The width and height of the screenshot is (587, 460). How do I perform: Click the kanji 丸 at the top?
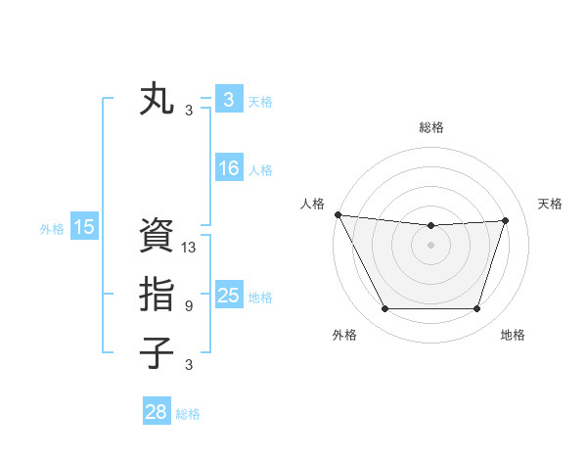click(x=157, y=100)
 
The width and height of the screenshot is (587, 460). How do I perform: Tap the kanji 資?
click(x=157, y=236)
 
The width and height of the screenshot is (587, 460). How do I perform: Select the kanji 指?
click(x=157, y=294)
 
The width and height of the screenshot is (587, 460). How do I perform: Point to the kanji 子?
click(x=157, y=352)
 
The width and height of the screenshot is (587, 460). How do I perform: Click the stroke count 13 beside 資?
click(x=189, y=248)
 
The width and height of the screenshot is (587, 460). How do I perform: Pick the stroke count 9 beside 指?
click(x=189, y=306)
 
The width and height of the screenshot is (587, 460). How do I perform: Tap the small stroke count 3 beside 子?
click(x=189, y=365)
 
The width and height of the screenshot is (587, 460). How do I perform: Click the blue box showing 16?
click(x=228, y=168)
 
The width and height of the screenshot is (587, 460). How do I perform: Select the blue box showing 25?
click(x=228, y=296)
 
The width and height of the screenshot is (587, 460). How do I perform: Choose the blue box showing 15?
click(x=84, y=228)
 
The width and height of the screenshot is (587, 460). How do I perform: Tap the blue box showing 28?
click(x=156, y=412)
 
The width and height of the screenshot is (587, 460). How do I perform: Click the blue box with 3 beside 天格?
click(x=228, y=100)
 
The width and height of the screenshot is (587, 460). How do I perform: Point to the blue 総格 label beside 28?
click(x=188, y=414)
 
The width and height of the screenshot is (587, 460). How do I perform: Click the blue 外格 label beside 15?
click(x=52, y=229)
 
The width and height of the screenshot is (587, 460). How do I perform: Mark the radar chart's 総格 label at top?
click(x=431, y=127)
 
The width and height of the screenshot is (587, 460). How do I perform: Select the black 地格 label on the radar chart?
click(x=513, y=336)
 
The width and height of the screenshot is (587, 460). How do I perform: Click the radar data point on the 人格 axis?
click(x=339, y=214)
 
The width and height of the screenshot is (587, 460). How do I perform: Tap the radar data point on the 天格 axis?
click(x=506, y=220)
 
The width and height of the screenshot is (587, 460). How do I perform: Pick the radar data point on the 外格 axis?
click(x=384, y=309)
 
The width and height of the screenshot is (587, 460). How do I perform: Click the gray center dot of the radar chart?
click(x=431, y=245)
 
